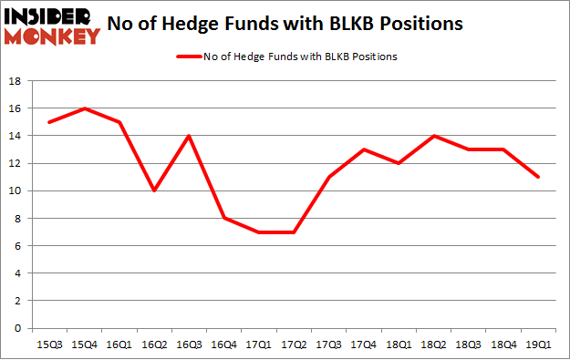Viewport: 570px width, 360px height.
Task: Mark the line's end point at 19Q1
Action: pos(539,177)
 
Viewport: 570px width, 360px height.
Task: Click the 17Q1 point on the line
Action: pos(259,231)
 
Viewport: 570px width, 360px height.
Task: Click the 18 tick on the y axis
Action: pos(16,81)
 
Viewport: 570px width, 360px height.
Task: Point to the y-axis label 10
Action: pos(16,190)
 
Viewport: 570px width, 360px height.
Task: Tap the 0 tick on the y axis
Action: pos(19,328)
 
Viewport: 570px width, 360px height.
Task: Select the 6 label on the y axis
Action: pos(19,246)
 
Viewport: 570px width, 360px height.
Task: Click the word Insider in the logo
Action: pos(50,16)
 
